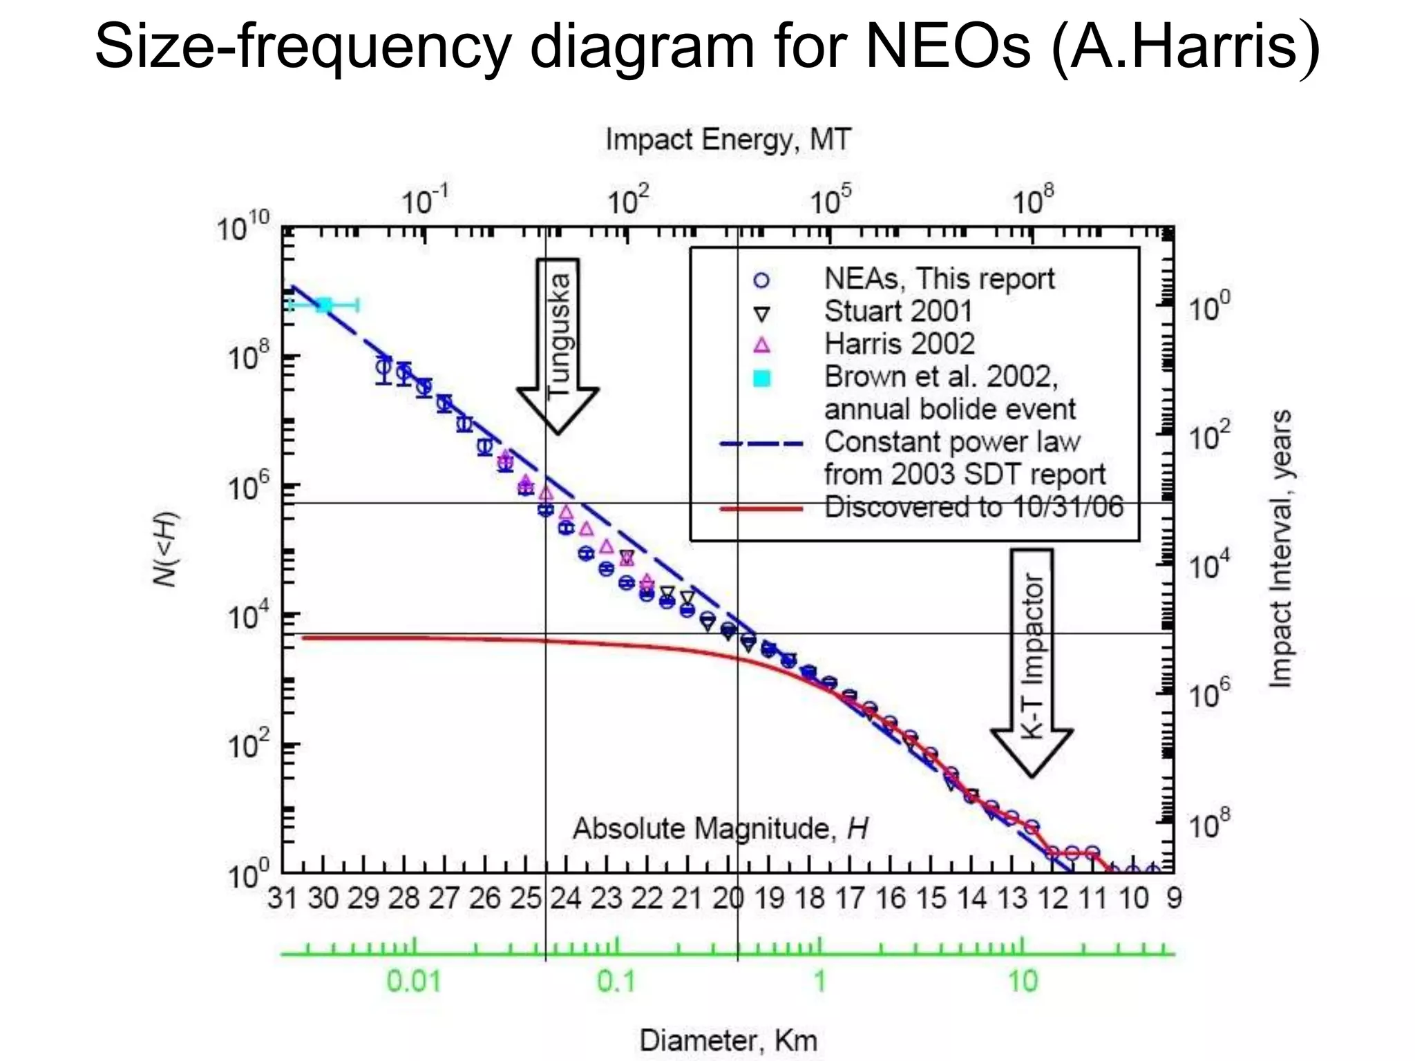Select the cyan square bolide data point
point(323,305)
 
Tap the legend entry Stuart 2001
point(898,311)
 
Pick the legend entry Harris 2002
point(899,343)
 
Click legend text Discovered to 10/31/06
point(974,507)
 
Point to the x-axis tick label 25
point(525,898)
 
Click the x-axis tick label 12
point(1053,898)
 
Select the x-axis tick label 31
point(282,898)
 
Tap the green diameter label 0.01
point(413,981)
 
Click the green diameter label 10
point(1023,981)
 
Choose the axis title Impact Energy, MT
point(728,140)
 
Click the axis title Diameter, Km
point(728,1040)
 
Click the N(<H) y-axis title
point(165,549)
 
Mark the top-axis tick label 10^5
point(830,201)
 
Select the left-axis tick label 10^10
point(243,227)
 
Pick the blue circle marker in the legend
point(761,280)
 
